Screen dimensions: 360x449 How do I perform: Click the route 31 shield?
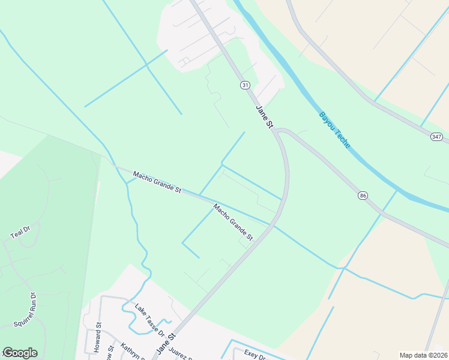tap(245, 86)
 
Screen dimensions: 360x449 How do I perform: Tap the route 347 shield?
tap(436, 137)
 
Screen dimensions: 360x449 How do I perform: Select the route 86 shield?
tap(362, 196)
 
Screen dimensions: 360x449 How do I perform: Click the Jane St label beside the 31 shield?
tap(265, 117)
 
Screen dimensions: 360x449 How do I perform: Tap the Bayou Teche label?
tap(334, 130)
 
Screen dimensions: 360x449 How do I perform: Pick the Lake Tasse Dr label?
tap(149, 319)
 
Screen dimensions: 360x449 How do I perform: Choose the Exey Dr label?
tap(255, 355)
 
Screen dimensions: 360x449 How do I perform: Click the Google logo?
tap(20, 353)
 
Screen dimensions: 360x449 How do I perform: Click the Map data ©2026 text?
tap(423, 355)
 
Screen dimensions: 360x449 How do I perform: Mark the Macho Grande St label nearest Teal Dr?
tap(157, 181)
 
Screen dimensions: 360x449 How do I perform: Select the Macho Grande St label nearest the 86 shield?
tap(234, 221)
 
